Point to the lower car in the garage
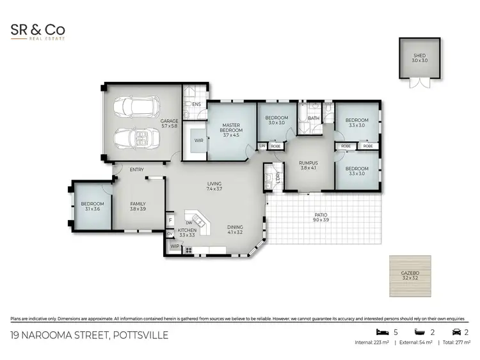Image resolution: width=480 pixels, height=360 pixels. (x=133, y=137)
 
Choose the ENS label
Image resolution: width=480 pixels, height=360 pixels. (x=196, y=104)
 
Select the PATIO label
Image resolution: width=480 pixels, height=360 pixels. (x=321, y=217)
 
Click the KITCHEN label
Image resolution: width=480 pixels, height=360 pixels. (x=186, y=233)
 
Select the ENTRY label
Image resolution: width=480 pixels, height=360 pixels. (x=136, y=169)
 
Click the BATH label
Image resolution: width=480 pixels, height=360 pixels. (x=313, y=118)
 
